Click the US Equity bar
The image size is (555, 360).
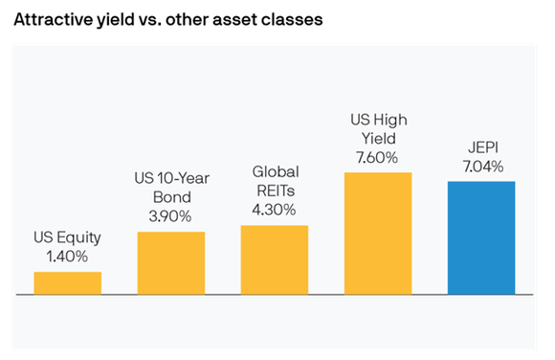pos(67,282)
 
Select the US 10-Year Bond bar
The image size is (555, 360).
pos(170,262)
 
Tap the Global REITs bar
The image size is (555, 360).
pos(274,259)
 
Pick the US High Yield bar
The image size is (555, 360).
pos(377,233)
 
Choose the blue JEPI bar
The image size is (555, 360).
pos(480,237)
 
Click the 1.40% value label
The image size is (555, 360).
pos(67,257)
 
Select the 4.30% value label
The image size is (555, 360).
pos(275,209)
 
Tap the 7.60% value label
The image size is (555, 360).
pos(377,156)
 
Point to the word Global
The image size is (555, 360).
pos(275,172)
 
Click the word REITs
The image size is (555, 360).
pos(275,191)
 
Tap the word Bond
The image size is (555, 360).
pos(171,198)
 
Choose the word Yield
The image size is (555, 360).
pos(377,138)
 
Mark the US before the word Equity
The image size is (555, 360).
pos(44,238)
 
